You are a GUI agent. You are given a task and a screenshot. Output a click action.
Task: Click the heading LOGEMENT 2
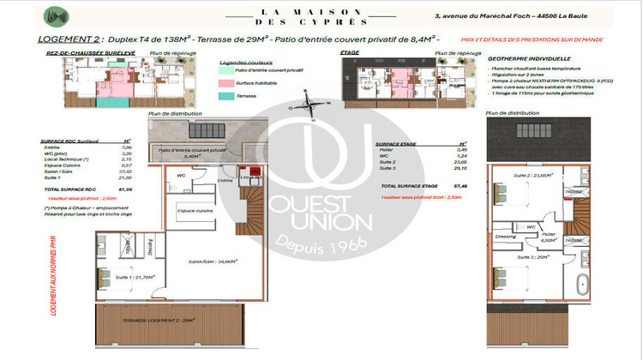pyautogui.click(x=70, y=39)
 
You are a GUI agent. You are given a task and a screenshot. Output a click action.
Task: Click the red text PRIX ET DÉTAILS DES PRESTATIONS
pyautogui.click(x=532, y=39)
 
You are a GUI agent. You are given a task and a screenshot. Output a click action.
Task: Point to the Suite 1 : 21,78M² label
pyautogui.click(x=135, y=277)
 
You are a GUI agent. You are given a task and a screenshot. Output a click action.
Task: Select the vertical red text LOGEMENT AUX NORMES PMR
pyautogui.click(x=53, y=273)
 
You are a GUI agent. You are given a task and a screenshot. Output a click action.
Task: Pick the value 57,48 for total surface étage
pyautogui.click(x=460, y=185)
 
